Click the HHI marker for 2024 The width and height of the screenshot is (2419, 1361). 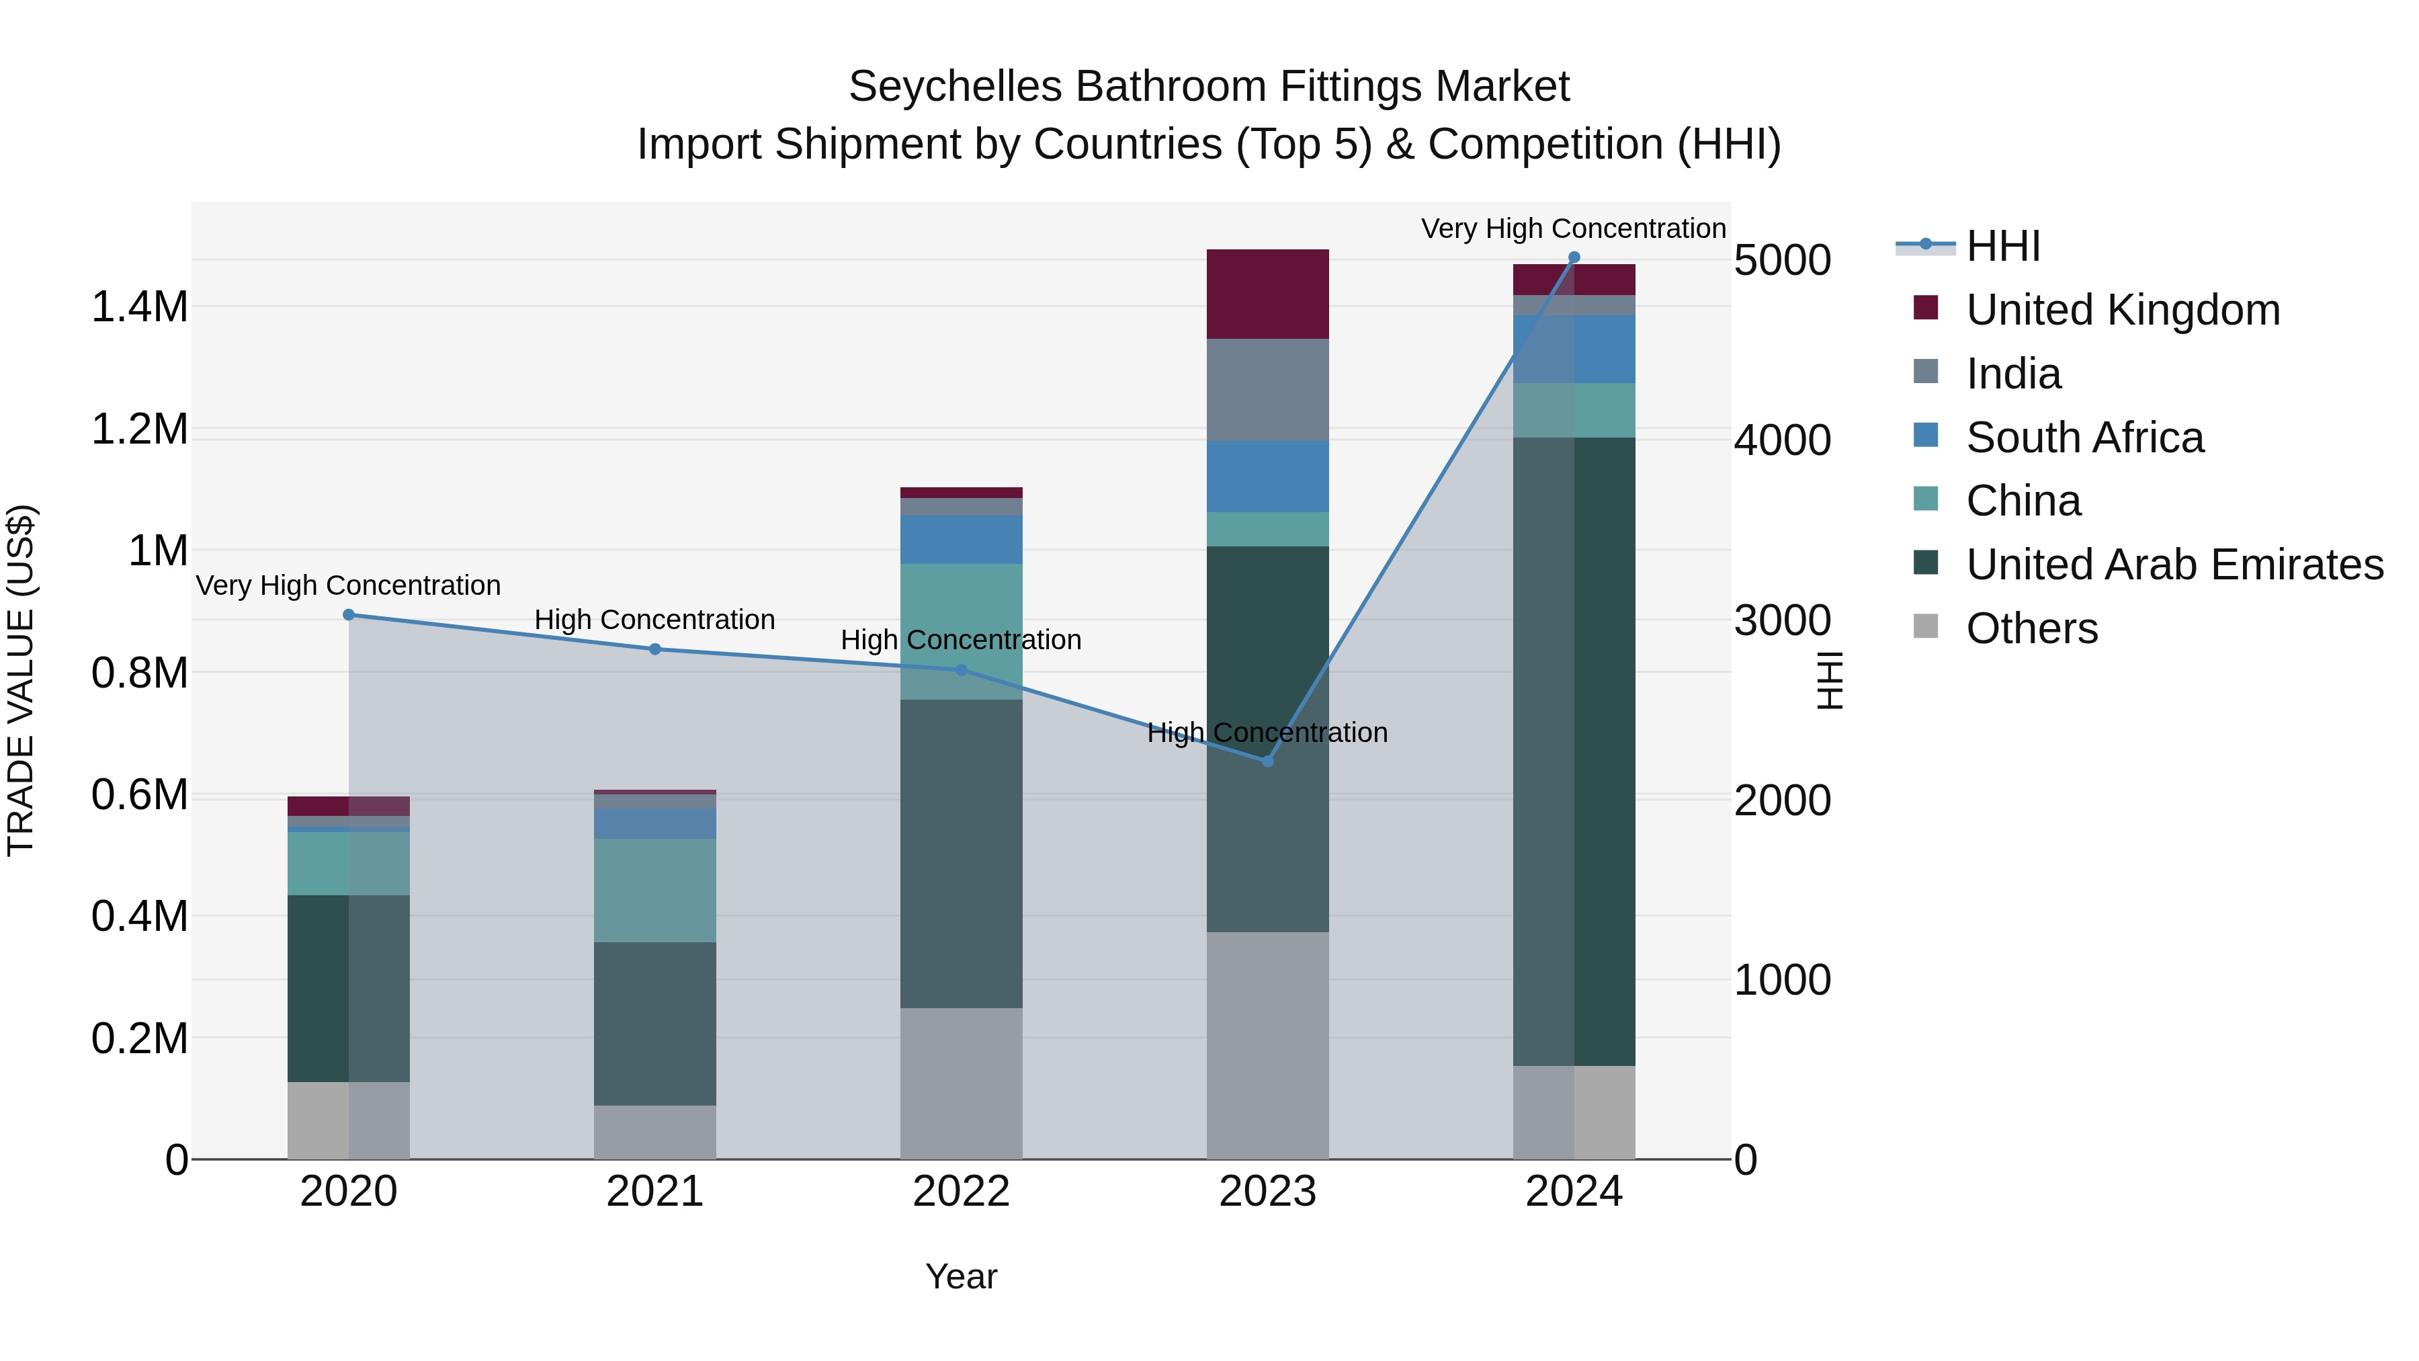[x=1574, y=257]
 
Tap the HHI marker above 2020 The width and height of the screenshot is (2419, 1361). [x=348, y=615]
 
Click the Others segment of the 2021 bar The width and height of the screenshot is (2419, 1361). [x=654, y=1132]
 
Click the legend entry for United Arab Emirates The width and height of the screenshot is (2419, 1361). [x=2174, y=565]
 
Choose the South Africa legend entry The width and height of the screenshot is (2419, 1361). [x=2084, y=438]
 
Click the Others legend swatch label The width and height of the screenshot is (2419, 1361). [x=2031, y=629]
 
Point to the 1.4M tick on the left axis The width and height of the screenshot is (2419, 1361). [x=139, y=307]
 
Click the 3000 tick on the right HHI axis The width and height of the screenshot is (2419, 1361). [x=1781, y=621]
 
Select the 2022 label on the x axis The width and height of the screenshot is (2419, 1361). [x=961, y=1192]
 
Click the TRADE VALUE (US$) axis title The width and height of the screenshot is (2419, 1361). [x=21, y=680]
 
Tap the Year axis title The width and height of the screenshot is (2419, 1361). [x=961, y=1276]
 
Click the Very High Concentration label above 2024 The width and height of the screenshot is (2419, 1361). [x=1573, y=229]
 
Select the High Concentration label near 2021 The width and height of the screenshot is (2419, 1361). [x=654, y=620]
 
